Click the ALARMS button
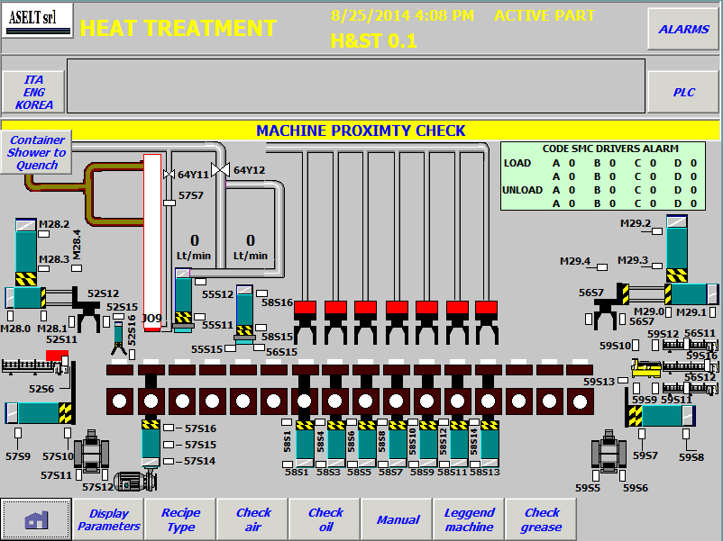[683, 29]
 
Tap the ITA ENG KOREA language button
[33, 92]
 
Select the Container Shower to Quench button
[36, 152]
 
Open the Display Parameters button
[108, 519]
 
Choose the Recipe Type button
[180, 519]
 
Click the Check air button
[253, 519]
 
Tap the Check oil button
[325, 519]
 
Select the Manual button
[398, 519]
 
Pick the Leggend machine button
[469, 519]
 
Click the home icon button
[36, 519]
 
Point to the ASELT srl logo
[37, 21]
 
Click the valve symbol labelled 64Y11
[169, 175]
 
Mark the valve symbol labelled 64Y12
[220, 170]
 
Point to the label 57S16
[200, 428]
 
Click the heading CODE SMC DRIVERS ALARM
[610, 149]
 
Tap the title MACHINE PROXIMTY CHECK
[361, 131]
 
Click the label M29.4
[575, 261]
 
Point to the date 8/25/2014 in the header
[371, 15]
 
